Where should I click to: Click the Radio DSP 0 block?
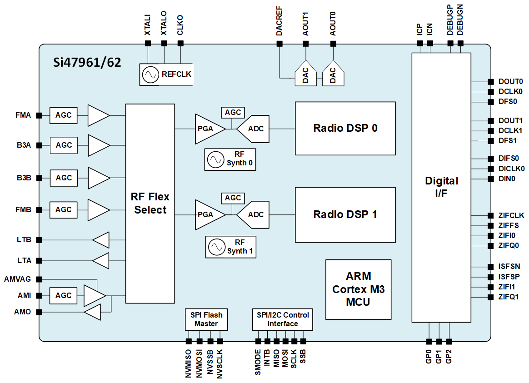(x=345, y=128)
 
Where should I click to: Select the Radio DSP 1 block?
(x=345, y=214)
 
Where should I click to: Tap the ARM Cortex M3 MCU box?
(x=358, y=289)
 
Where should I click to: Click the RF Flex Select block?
(x=150, y=203)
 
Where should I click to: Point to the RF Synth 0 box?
(x=230, y=159)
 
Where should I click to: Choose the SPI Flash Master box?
(x=206, y=319)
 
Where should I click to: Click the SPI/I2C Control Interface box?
(x=282, y=319)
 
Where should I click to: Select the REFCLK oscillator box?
(x=166, y=75)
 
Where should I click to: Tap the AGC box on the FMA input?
(x=63, y=115)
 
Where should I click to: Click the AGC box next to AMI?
(x=63, y=295)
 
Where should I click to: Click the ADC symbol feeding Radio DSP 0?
(x=253, y=129)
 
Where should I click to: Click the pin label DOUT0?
(x=510, y=82)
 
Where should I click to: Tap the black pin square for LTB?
(x=39, y=240)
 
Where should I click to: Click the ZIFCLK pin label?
(x=511, y=215)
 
